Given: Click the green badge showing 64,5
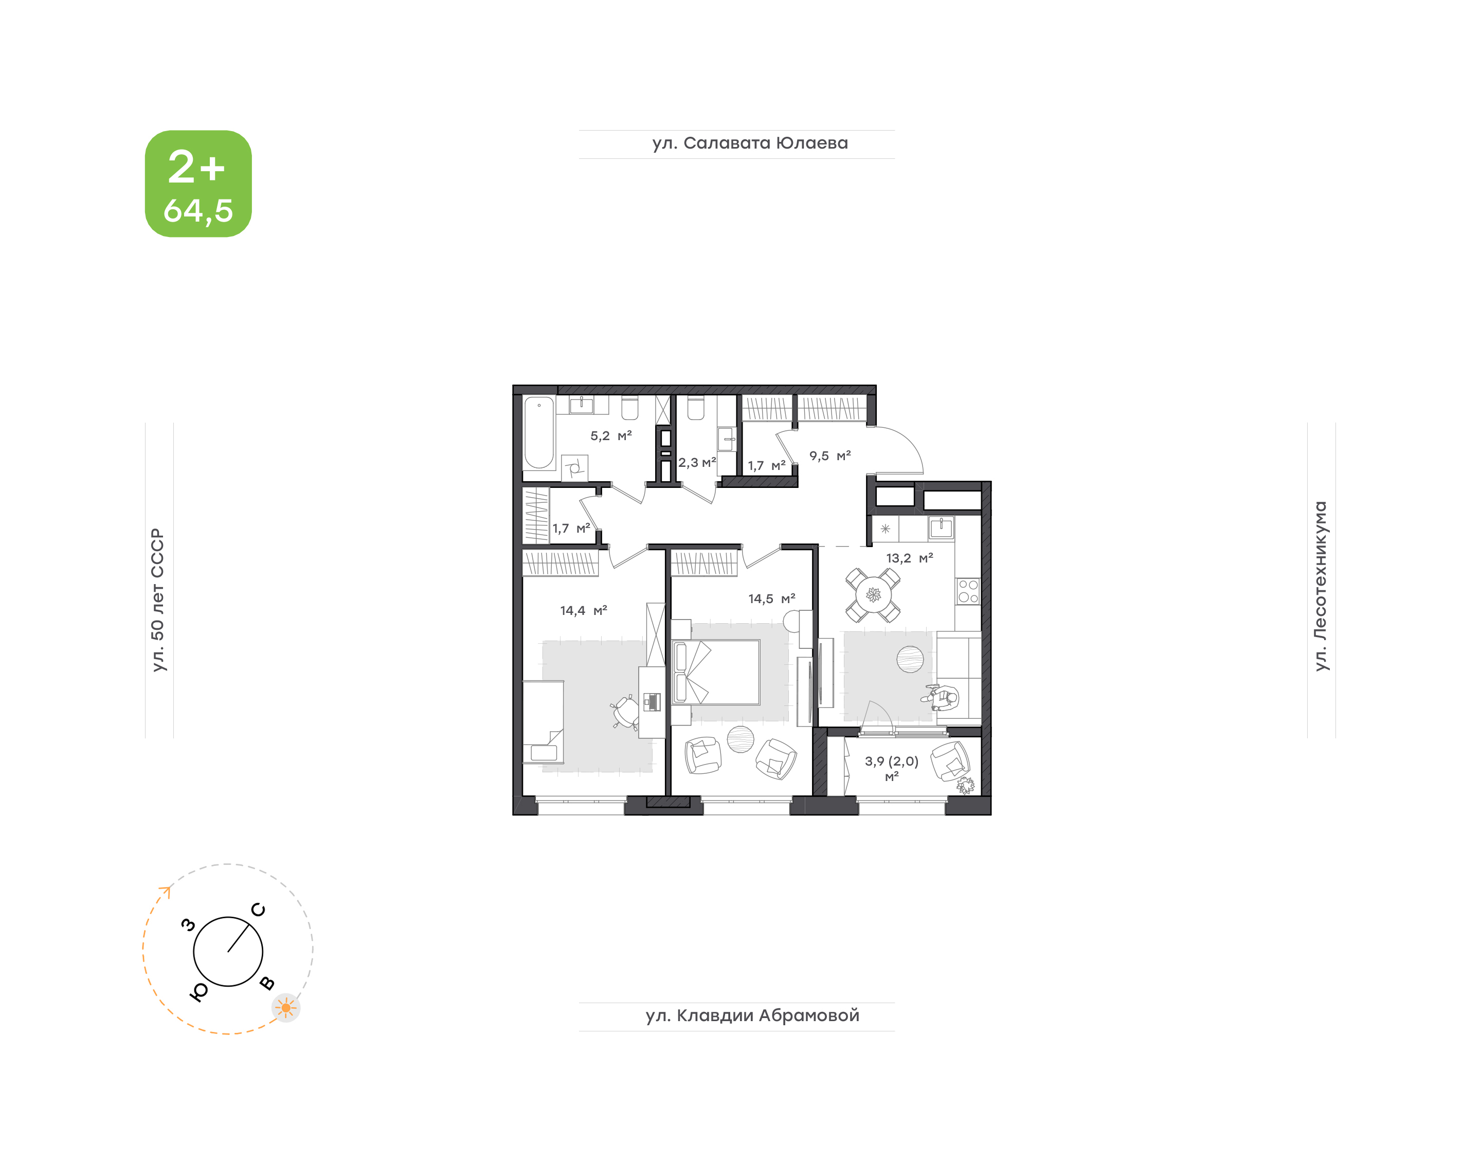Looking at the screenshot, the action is (x=198, y=184).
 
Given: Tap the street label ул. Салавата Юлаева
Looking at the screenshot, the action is (x=750, y=143).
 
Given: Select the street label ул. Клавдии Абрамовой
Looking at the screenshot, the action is (x=752, y=1016).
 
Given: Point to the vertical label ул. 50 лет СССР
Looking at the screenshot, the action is (x=158, y=600).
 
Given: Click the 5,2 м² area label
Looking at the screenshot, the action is (x=611, y=435).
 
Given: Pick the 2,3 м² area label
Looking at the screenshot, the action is (x=697, y=463).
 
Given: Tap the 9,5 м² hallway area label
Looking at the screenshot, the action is (x=830, y=456).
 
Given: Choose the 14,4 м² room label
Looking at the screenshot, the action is (x=584, y=611).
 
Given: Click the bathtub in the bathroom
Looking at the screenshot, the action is (x=539, y=433).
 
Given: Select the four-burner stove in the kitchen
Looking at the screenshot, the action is (x=968, y=591).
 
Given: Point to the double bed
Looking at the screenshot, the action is (x=716, y=672).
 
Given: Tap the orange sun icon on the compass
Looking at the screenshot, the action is (x=286, y=1008).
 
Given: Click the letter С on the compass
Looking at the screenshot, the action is (x=259, y=910).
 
